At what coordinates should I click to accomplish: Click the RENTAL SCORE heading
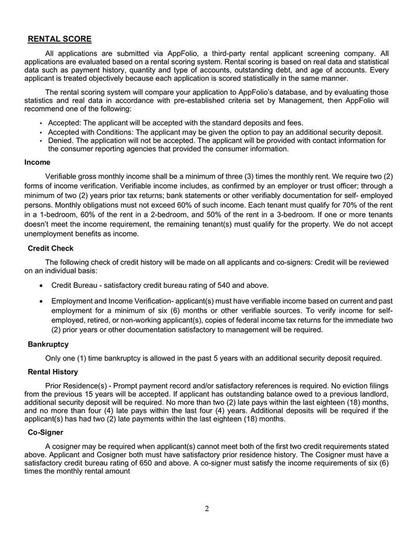tap(59, 39)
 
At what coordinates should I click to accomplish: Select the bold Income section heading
tap(37, 162)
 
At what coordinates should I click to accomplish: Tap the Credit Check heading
tap(51, 248)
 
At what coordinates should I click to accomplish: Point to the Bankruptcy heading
tap(48, 344)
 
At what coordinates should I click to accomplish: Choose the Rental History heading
tap(53, 371)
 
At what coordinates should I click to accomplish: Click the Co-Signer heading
tap(45, 432)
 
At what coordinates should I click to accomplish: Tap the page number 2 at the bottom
tap(207, 509)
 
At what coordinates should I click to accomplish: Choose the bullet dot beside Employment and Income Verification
tap(41, 301)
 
